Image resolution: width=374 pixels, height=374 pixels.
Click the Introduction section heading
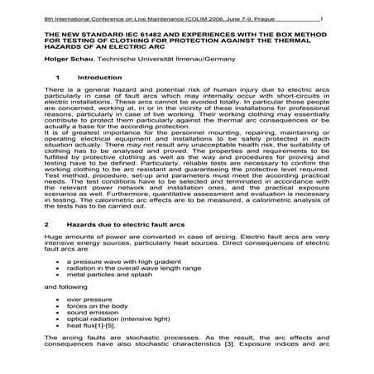coord(98,77)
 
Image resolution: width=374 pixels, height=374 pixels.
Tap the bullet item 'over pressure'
coord(87,305)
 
